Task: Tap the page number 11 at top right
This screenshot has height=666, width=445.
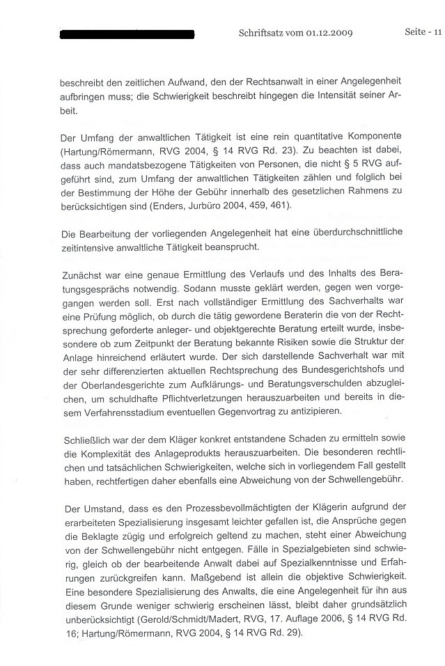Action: (x=436, y=31)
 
